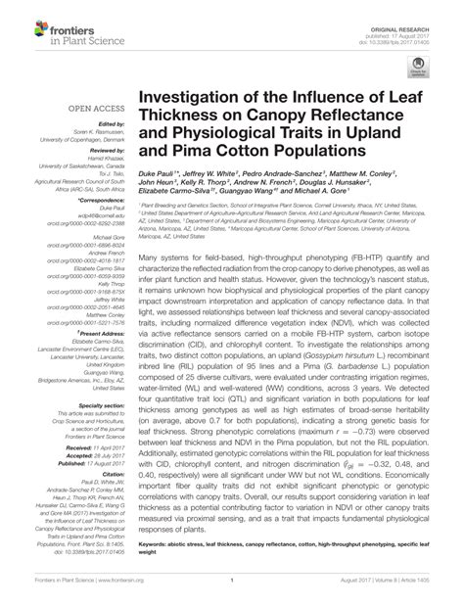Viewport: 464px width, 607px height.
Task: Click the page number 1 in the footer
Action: pos(231,593)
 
